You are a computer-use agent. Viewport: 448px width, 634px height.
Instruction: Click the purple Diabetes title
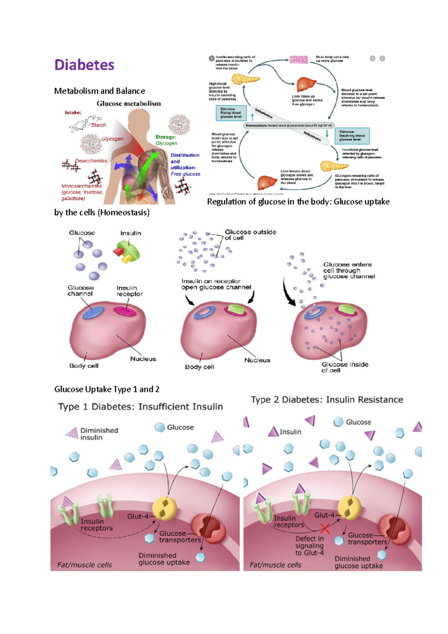(x=84, y=65)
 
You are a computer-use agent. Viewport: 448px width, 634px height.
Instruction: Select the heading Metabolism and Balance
(x=99, y=91)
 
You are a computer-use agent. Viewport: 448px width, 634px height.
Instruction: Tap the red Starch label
(x=99, y=125)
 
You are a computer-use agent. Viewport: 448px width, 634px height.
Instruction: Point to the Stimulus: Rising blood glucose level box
(x=231, y=113)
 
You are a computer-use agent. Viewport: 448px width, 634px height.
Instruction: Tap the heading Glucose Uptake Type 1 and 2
(x=107, y=389)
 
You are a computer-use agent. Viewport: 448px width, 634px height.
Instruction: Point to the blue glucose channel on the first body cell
(x=93, y=313)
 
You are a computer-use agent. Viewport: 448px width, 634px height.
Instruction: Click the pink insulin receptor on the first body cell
(x=125, y=310)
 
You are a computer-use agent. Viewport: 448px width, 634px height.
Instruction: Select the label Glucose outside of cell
(x=250, y=235)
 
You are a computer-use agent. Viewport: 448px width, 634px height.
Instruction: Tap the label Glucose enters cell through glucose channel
(x=349, y=270)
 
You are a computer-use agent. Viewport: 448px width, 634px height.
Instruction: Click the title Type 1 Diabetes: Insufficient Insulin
(x=140, y=407)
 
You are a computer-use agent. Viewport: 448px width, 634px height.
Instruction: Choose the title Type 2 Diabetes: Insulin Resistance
(x=327, y=400)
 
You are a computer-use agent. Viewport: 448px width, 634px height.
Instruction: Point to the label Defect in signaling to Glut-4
(x=309, y=546)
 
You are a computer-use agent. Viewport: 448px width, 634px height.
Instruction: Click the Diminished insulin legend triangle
(x=72, y=433)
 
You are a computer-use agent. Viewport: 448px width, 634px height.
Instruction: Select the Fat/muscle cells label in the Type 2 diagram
(x=276, y=565)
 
